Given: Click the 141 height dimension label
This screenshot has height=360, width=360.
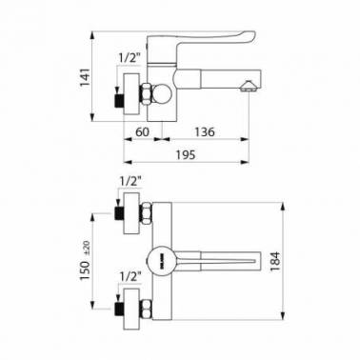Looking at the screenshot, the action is (86, 77).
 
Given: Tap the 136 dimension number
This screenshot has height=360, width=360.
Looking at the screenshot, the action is (205, 131).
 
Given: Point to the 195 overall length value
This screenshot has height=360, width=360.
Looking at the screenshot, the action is (186, 155).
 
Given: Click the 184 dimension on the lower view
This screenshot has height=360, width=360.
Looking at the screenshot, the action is (275, 261).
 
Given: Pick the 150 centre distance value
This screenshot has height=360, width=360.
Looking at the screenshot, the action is (86, 270).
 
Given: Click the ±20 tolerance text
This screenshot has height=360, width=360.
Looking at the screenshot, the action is (86, 248).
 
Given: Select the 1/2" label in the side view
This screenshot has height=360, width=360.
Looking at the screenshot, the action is (130, 58).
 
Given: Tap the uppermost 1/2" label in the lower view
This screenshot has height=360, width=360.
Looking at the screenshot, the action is (130, 182).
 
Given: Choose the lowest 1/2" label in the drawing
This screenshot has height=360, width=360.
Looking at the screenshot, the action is (130, 277).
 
